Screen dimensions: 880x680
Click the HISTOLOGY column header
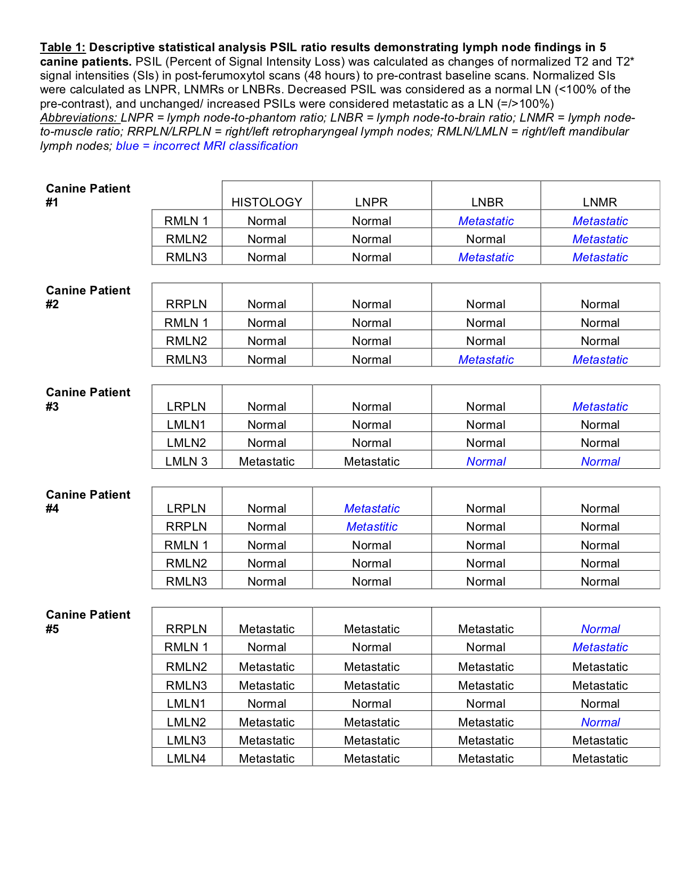[267, 202]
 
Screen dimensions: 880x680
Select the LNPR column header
[371, 202]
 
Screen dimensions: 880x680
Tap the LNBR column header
[487, 202]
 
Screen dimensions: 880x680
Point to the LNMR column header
[600, 202]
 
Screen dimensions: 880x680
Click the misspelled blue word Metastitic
[372, 526]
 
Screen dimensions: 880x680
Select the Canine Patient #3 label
[88, 399]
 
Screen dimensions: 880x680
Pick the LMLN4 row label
[186, 758]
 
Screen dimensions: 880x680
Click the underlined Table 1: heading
[62, 47]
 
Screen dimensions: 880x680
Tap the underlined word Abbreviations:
[78, 117]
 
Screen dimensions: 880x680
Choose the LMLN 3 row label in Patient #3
[186, 461]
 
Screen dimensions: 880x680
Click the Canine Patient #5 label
[88, 621]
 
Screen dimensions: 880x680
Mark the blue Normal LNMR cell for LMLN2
[600, 722]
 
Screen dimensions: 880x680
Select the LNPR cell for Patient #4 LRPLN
[372, 508]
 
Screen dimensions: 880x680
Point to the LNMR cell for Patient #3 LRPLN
[600, 406]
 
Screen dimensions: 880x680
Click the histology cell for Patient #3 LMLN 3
[267, 461]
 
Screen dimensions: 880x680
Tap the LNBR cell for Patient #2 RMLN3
[486, 359]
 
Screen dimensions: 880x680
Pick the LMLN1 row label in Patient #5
[186, 703]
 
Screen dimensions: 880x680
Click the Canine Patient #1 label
[88, 195]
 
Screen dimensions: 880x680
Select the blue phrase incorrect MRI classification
[225, 146]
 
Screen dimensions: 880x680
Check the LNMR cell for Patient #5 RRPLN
[600, 629]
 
